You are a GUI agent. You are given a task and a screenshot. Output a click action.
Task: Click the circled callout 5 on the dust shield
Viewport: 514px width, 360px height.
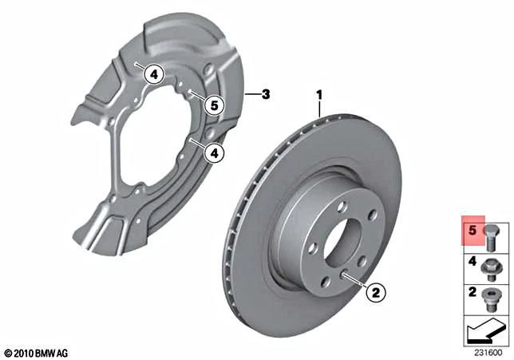(212, 103)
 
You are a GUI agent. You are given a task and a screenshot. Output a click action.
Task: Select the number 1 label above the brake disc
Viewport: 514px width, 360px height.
(319, 95)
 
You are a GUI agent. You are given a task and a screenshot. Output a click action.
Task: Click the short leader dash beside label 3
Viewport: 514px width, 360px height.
(253, 95)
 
